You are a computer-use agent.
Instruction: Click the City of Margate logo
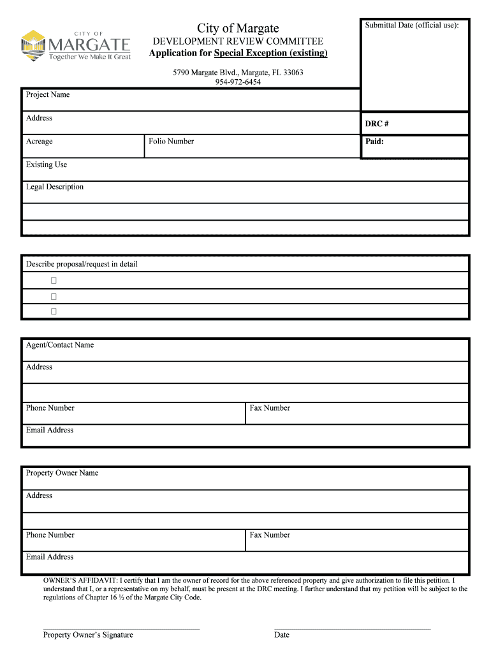tap(76, 45)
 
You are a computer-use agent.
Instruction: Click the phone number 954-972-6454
tap(238, 82)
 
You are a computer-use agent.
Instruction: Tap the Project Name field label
tap(48, 95)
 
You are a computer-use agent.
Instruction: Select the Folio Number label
tap(171, 142)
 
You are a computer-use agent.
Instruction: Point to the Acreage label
tap(40, 142)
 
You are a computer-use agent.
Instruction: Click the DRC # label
tap(377, 124)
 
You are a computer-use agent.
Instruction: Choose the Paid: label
tap(374, 142)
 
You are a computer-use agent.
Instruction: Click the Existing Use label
tap(47, 165)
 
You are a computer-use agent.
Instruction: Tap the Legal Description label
tap(55, 187)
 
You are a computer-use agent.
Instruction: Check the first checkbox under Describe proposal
tap(54, 281)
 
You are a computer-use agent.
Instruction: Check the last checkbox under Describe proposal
tap(54, 312)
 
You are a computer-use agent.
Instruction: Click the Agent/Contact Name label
tap(60, 345)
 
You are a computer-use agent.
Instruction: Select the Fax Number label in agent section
tap(270, 408)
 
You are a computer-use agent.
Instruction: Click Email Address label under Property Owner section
tap(50, 557)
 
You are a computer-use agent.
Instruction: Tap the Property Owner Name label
tap(62, 473)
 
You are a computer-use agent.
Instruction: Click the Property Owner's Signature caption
tap(88, 635)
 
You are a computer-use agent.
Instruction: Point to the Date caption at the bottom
tap(282, 635)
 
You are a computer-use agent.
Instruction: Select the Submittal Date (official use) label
tap(411, 26)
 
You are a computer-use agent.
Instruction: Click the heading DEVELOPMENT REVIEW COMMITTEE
tap(238, 41)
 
